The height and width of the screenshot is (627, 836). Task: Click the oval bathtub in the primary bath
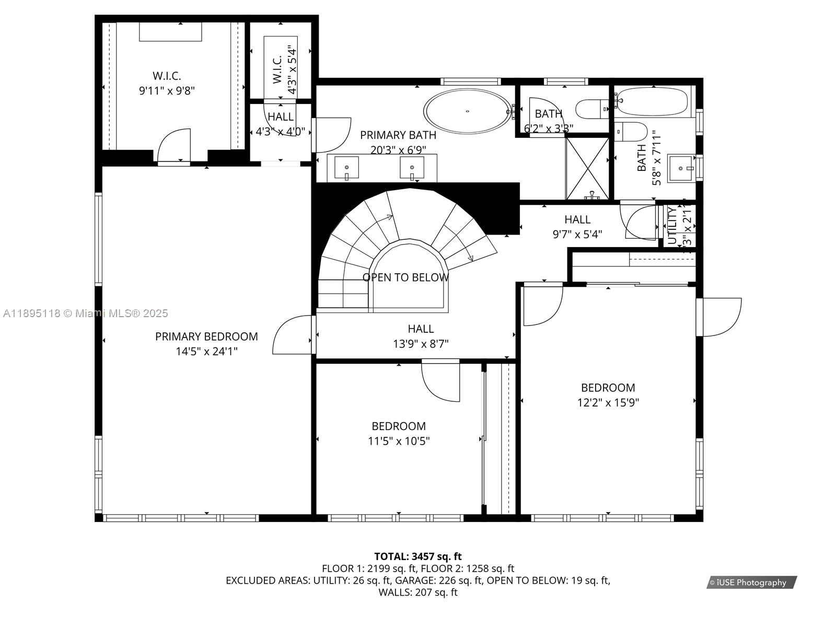point(467,111)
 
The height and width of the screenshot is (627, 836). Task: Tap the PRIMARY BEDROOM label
point(206,336)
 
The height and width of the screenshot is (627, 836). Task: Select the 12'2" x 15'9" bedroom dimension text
point(608,402)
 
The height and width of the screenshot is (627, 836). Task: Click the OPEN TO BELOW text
point(405,277)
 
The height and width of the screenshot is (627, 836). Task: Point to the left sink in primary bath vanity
point(347,168)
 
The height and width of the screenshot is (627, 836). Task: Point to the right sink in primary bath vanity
point(412,168)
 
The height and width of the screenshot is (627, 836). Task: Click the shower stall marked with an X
point(587,168)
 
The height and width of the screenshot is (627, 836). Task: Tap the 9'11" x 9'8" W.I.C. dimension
point(167,91)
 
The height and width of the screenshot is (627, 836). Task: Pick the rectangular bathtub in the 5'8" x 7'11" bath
point(653,101)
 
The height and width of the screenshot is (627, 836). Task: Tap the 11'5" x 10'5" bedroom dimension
point(399,441)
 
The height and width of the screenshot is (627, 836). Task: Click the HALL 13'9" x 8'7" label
point(421,336)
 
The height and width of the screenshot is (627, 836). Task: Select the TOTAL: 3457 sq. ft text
point(418,556)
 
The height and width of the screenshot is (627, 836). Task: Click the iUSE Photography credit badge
point(751,582)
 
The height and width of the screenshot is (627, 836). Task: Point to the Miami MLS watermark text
point(85,313)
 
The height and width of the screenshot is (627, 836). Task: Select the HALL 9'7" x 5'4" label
point(577,227)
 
